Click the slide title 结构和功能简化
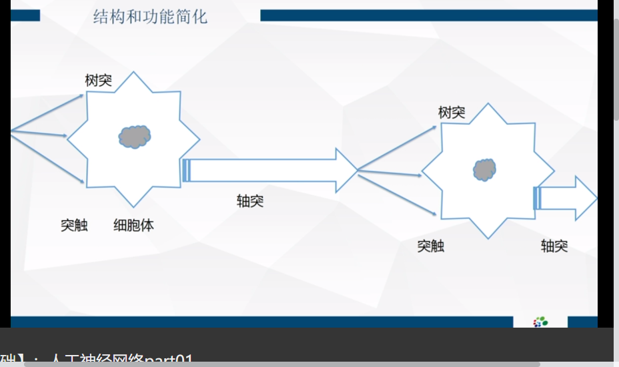pos(150,16)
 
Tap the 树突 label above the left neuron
pos(99,81)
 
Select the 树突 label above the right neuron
pos(452,112)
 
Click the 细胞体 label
pos(133,226)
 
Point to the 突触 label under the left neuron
pos(74,226)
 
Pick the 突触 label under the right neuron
pos(431,246)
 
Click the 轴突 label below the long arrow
pos(250,201)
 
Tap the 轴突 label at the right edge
pos(554,246)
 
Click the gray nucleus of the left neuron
pos(135,137)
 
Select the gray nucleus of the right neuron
pos(485,169)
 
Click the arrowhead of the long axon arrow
pos(347,170)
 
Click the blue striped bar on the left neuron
pos(186,170)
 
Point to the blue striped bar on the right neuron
pos(536,198)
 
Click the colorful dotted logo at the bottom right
pos(540,322)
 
